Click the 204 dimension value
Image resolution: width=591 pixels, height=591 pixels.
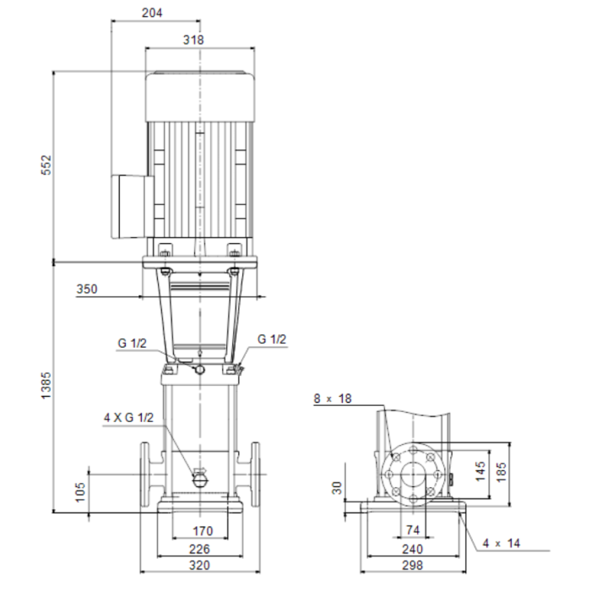point(152,13)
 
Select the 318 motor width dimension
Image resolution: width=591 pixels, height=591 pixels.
point(193,40)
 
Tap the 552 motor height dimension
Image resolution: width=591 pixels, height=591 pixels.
point(46,165)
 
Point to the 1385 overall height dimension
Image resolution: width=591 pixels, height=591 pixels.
point(46,386)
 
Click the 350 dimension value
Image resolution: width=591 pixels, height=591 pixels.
point(87,289)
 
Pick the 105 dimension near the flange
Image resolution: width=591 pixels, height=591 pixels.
point(80,492)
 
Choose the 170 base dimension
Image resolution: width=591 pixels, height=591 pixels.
point(203,531)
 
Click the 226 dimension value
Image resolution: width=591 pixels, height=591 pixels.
point(199,549)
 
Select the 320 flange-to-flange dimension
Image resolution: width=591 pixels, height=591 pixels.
point(199,566)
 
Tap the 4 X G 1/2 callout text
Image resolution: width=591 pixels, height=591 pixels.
point(129,418)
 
